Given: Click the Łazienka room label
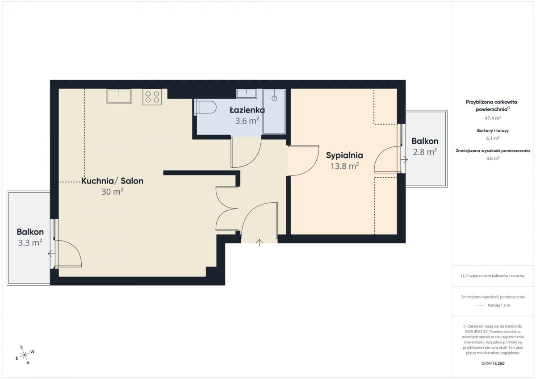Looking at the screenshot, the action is (247, 110).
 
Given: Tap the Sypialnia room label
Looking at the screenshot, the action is (344, 155).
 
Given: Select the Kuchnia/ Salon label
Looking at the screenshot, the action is (113, 181).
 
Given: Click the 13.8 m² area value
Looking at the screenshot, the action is (344, 166).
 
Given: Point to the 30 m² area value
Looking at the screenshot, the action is (113, 192).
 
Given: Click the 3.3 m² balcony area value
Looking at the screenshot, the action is (30, 243).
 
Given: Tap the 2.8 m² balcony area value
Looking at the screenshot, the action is (425, 152).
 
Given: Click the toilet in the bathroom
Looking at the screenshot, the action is (205, 108).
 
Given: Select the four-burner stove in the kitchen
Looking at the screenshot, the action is (152, 97).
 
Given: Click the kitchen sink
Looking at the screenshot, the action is (119, 96).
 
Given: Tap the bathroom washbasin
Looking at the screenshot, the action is (247, 94).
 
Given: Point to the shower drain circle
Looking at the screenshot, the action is (274, 98).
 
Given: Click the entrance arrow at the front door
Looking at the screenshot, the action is (260, 242).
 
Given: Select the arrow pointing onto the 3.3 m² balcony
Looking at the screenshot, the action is (51, 253).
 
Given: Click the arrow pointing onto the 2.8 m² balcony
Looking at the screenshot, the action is (405, 159).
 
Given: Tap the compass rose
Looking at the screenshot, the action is (25, 355).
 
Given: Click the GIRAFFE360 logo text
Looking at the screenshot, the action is (493, 363).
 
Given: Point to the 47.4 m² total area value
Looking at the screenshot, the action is (493, 118).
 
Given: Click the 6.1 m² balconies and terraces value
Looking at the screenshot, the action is (493, 138).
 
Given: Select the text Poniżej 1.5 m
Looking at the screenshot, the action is (499, 305).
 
